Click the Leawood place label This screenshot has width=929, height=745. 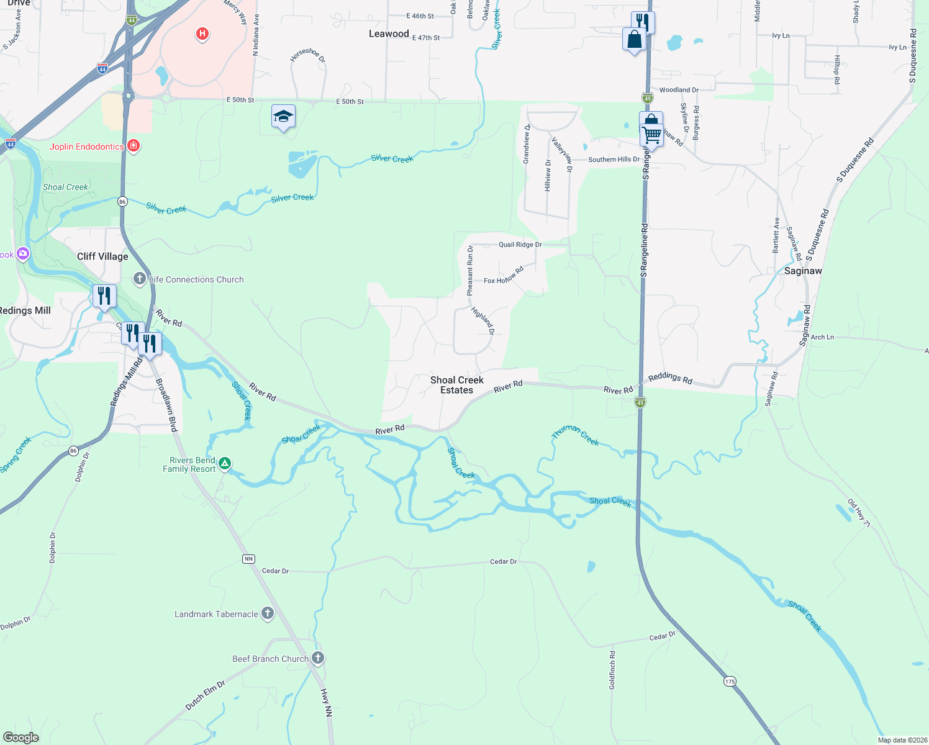[389, 34]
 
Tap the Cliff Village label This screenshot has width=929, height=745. [102, 256]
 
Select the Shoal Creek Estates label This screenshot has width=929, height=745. [457, 385]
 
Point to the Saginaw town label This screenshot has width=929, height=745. [803, 271]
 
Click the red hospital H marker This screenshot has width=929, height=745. [202, 34]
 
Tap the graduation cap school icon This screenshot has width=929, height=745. [283, 116]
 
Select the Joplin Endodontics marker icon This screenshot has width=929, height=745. [133, 146]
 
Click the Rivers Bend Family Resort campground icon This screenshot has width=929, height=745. [225, 463]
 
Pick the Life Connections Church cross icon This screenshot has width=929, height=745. [140, 279]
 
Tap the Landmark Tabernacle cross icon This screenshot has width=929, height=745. [268, 613]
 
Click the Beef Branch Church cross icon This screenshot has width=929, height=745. [318, 657]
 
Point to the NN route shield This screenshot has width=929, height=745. [248, 559]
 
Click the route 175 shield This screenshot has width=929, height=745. [730, 682]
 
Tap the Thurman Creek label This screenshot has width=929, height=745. [576, 435]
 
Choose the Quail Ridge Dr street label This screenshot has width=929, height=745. [520, 245]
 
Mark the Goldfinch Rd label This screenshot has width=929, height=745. [612, 670]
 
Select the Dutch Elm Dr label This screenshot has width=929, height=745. [205, 695]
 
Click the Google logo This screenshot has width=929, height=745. [20, 737]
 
